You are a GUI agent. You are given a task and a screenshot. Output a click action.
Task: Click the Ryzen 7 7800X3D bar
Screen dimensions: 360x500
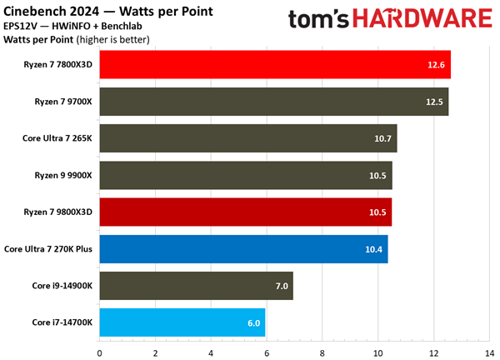click(275, 64)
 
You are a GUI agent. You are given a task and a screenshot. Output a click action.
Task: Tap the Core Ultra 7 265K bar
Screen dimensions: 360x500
click(248, 137)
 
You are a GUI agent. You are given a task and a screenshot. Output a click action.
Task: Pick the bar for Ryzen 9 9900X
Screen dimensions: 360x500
click(246, 175)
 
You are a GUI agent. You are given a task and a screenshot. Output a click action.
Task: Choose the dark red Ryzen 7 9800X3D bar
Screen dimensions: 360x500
click(246, 212)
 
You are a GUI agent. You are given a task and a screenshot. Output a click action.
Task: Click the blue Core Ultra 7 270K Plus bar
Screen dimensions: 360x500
click(244, 248)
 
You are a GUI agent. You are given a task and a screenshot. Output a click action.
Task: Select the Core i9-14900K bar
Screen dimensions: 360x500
click(197, 286)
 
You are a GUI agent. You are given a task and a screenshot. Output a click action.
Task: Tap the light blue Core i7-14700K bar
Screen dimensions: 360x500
click(182, 322)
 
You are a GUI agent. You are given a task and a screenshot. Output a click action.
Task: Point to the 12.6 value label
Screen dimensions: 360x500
click(437, 65)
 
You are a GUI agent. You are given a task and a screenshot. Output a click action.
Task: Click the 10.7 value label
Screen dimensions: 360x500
click(383, 138)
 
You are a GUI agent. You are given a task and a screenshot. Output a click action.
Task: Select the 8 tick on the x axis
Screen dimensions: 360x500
click(322, 352)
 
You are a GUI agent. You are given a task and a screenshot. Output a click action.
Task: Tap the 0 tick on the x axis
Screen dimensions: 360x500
click(100, 352)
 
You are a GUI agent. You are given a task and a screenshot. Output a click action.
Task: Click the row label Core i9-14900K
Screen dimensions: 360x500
click(63, 286)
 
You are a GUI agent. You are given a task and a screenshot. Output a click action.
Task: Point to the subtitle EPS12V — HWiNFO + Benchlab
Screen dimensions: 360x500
click(81, 27)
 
